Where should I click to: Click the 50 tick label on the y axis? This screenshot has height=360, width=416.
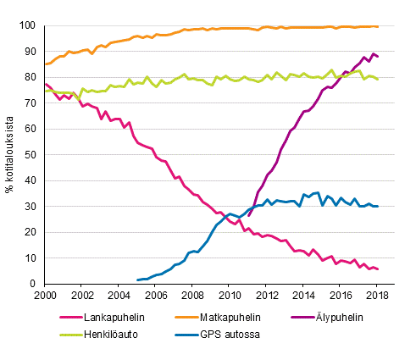pyautogui.click(x=32, y=155)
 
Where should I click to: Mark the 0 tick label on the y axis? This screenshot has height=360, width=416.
pyautogui.click(x=35, y=284)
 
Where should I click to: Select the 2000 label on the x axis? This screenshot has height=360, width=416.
pyautogui.click(x=45, y=296)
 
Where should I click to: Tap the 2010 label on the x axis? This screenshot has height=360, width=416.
pyautogui.click(x=229, y=296)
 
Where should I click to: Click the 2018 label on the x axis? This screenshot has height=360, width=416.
pyautogui.click(x=377, y=296)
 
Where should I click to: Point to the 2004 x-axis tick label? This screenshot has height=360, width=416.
pyautogui.click(x=119, y=296)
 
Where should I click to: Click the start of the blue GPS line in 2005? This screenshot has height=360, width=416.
pyautogui.click(x=137, y=280)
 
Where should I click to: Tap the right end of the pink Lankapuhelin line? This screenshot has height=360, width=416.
pyautogui.click(x=377, y=269)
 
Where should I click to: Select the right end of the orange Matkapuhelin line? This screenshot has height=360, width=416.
pyautogui.click(x=377, y=26)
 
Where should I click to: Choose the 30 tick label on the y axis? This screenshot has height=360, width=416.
pyautogui.click(x=32, y=207)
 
